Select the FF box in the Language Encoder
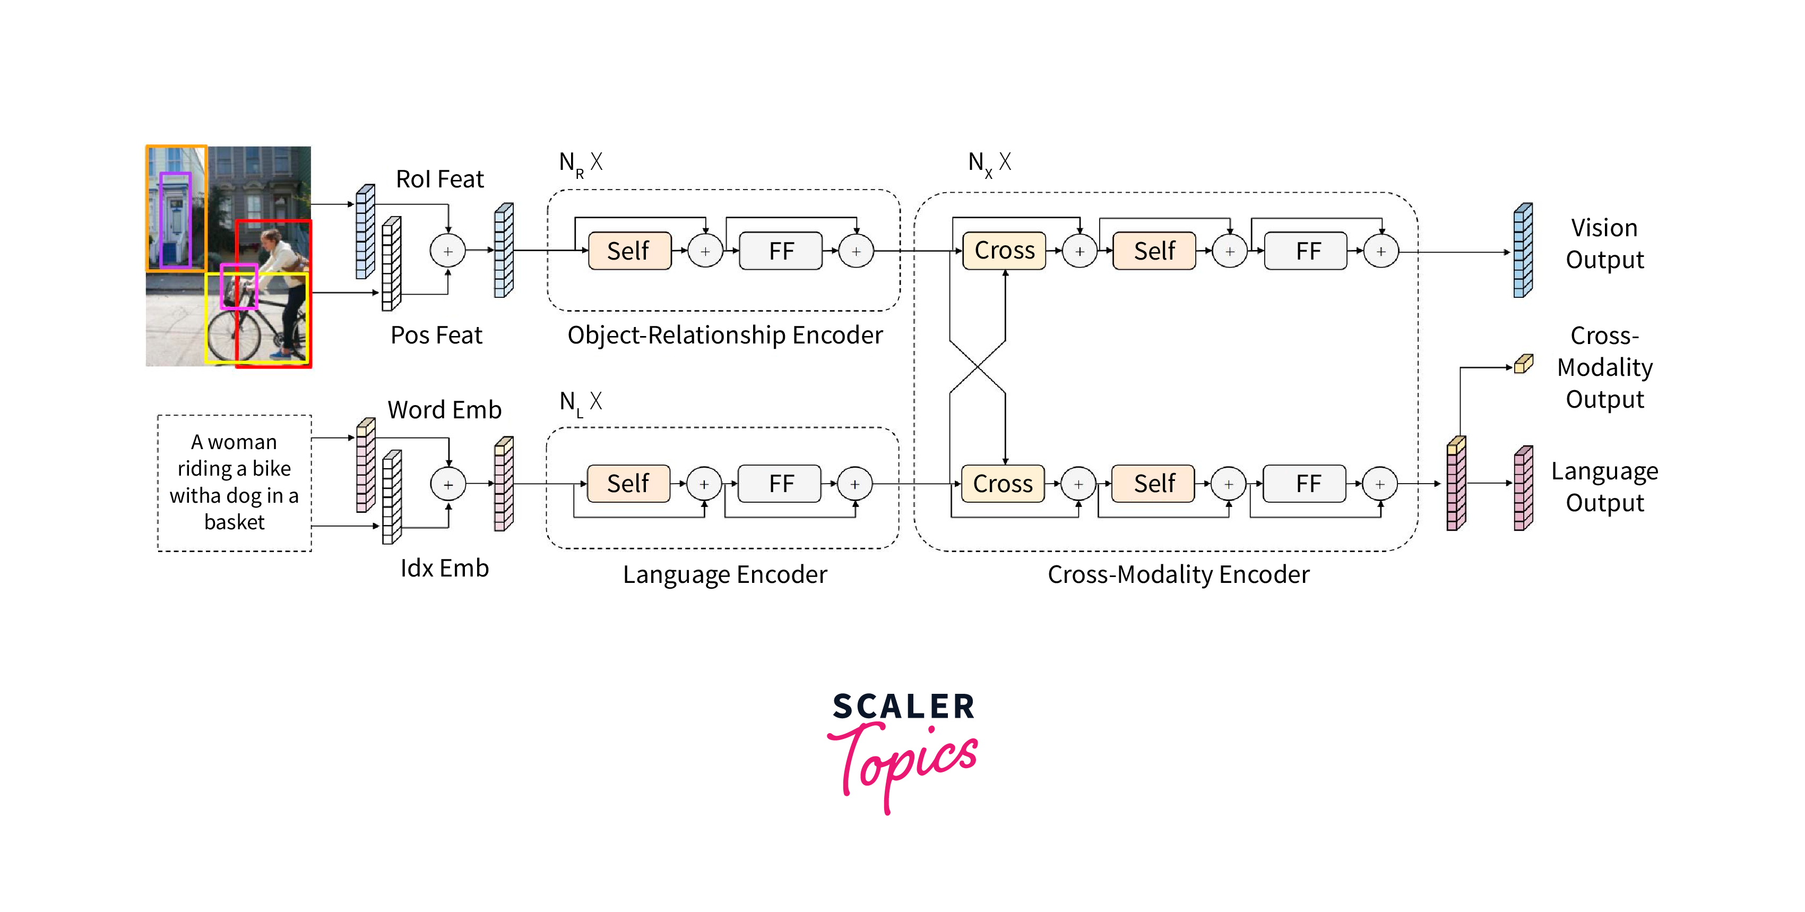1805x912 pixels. coord(780,484)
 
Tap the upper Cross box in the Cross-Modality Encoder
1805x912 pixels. coord(1004,250)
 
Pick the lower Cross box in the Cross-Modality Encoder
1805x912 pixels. coord(1003,484)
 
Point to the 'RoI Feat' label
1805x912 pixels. coord(439,179)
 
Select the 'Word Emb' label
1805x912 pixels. coord(444,409)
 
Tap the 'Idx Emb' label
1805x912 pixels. coord(444,568)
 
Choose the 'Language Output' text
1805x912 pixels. coord(1604,486)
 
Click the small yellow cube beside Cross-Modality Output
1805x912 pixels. coord(1523,364)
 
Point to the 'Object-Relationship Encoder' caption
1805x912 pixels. coord(724,335)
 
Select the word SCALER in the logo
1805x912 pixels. coord(903,706)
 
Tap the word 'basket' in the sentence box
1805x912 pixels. coord(234,522)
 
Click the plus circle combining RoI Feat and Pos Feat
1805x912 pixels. coord(448,251)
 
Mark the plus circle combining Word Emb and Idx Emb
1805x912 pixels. coord(448,484)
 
